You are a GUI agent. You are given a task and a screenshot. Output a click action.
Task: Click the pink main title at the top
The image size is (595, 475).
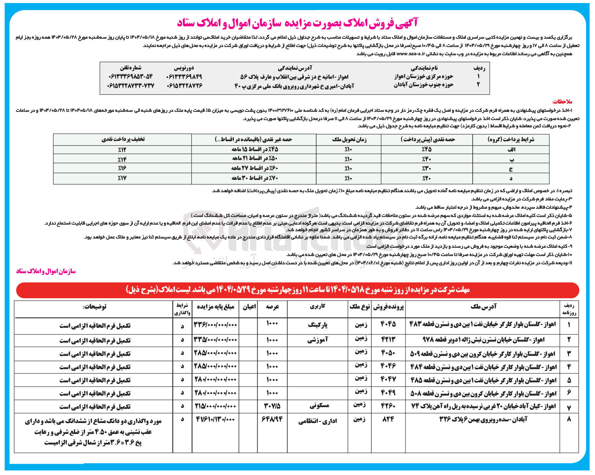(297, 22)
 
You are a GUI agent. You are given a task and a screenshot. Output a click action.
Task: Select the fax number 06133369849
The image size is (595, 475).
(184, 77)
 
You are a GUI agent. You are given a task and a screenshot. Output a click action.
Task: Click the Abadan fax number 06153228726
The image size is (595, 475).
(184, 85)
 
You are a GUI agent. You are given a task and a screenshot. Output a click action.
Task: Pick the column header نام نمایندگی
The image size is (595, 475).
(424, 68)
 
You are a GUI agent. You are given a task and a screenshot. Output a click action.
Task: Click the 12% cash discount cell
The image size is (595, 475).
(122, 150)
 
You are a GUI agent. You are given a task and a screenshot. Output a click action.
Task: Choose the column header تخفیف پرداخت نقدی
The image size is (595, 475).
(123, 140)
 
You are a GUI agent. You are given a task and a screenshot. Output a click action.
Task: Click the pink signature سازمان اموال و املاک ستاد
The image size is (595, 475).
(46, 271)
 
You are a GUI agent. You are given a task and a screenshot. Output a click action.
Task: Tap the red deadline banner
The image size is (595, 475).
(297, 290)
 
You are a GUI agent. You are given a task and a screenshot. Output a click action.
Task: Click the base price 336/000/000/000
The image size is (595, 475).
(215, 325)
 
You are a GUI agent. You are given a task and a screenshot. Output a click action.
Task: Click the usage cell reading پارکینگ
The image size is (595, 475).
(318, 325)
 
